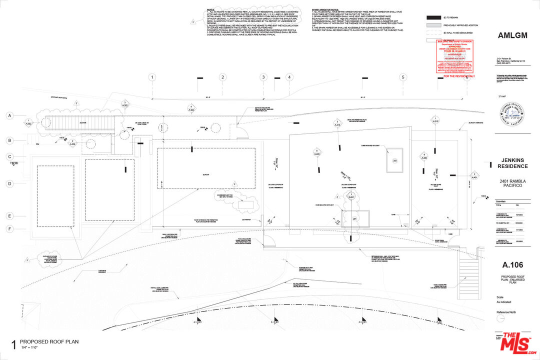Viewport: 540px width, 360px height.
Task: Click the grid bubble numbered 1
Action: (x=152, y=77)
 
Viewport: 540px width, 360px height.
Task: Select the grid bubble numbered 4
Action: (x=288, y=77)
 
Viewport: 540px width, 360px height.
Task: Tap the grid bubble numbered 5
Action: (x=402, y=77)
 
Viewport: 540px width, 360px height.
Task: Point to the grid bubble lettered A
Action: (x=9, y=115)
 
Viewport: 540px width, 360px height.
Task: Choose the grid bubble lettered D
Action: (x=9, y=183)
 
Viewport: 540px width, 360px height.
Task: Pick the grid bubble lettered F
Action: (x=9, y=229)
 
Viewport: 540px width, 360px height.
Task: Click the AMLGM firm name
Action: (x=512, y=35)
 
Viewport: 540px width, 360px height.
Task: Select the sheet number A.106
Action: (x=512, y=265)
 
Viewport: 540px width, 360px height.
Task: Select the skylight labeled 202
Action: (x=394, y=160)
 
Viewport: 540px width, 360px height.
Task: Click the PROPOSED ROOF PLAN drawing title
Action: (x=49, y=342)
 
